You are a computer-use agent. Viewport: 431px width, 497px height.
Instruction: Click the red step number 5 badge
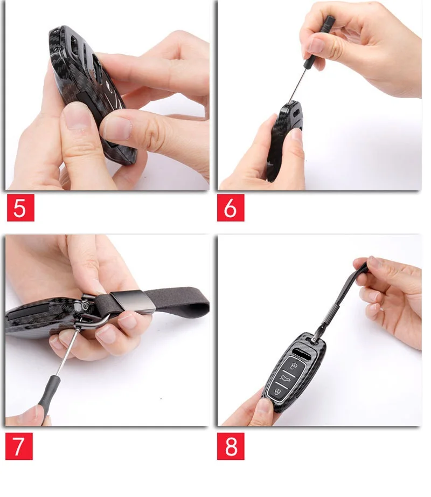(20, 208)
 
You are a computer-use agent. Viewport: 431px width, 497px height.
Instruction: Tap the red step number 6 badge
(231, 208)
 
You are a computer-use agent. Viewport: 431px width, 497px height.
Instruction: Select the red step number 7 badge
(19, 446)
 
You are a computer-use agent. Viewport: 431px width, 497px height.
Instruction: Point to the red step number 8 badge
(231, 446)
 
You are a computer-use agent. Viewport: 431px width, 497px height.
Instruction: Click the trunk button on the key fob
(286, 378)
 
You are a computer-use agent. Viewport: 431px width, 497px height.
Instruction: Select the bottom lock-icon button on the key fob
(278, 391)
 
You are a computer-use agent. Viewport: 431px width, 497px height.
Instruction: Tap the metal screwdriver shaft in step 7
(68, 353)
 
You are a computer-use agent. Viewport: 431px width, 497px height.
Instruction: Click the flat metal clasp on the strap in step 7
(133, 301)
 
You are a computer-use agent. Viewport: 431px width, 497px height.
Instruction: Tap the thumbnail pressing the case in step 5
(77, 116)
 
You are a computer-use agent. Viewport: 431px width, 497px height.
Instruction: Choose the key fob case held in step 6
(283, 140)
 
